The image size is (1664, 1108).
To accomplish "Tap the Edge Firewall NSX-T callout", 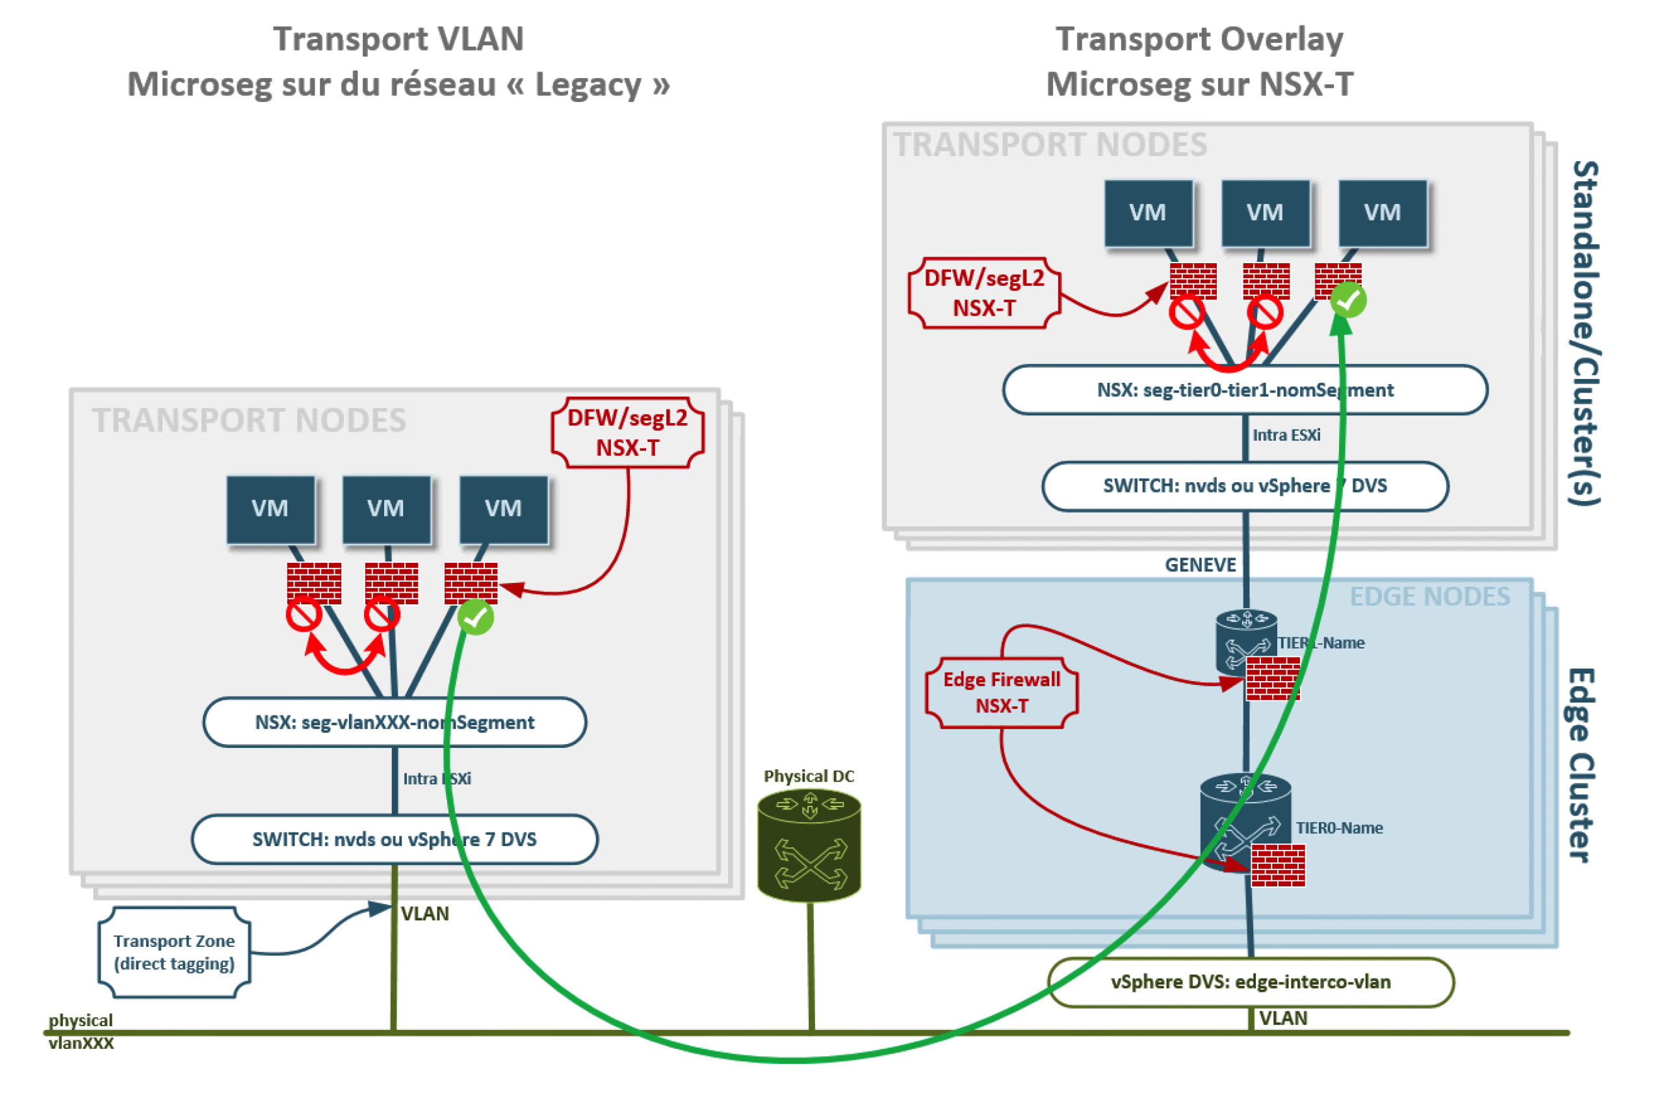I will pos(1001,692).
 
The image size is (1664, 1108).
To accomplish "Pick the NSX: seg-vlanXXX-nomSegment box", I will pos(395,721).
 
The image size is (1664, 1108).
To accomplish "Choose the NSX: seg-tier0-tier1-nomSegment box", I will pos(1244,389).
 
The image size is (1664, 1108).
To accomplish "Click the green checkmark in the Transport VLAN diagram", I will pos(474,617).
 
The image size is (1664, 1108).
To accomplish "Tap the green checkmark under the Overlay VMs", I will pos(1347,300).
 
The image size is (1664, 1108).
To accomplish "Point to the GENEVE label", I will pos(1200,565).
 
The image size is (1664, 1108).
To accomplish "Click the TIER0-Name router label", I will pos(1338,827).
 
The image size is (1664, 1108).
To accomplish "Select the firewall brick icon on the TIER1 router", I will pos(1272,678).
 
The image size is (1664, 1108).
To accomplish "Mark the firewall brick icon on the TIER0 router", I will pos(1277,864).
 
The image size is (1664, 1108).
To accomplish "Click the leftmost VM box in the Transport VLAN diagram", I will pos(270,509).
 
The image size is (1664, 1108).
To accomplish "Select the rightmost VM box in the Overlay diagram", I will pos(1381,213).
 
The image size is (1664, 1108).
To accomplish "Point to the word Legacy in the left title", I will pos(590,84).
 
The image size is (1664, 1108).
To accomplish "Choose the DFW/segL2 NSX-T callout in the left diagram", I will pos(627,432).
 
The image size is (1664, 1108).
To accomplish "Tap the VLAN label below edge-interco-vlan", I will pos(1282,1018).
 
